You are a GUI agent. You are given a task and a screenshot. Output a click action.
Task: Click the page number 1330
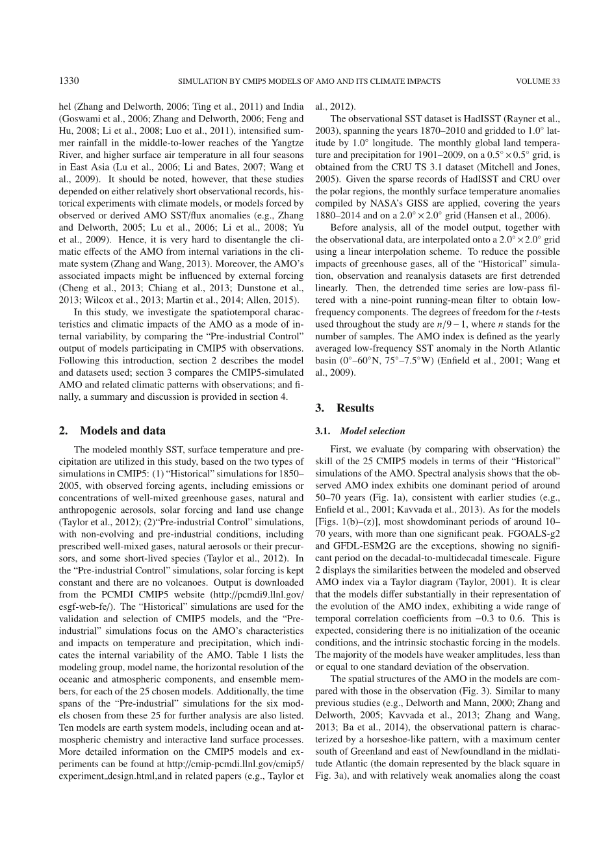point(68,81)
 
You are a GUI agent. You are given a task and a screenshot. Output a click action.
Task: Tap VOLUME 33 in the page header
point(537,81)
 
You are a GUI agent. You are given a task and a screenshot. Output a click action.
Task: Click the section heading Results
point(355,408)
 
